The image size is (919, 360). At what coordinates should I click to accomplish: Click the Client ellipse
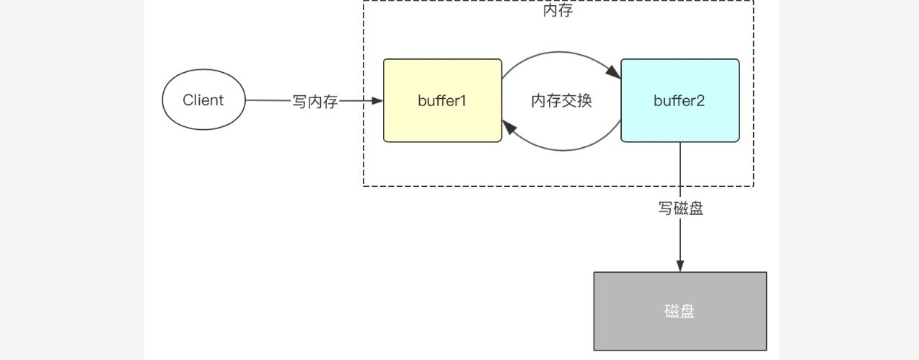203,100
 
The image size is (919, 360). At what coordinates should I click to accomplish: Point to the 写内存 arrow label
315,102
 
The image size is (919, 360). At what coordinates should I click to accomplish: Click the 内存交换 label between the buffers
561,101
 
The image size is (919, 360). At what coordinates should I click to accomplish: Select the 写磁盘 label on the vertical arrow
680,208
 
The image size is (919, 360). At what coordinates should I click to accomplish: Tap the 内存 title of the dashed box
558,11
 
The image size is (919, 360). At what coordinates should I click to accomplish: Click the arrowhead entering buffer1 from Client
377,101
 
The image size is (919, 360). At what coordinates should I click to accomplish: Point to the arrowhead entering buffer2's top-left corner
614,73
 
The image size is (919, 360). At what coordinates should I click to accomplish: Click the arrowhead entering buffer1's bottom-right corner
509,128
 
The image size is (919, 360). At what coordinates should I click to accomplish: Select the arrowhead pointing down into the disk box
680,265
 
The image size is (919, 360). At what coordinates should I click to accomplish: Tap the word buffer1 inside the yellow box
442,100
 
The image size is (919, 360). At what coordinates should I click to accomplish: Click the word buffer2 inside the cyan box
680,100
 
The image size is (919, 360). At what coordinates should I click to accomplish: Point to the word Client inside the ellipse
203,100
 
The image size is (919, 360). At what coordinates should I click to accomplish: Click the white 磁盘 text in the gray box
680,311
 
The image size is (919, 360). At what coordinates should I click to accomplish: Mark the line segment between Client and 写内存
268,101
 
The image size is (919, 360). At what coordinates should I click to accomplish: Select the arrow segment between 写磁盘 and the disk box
680,242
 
